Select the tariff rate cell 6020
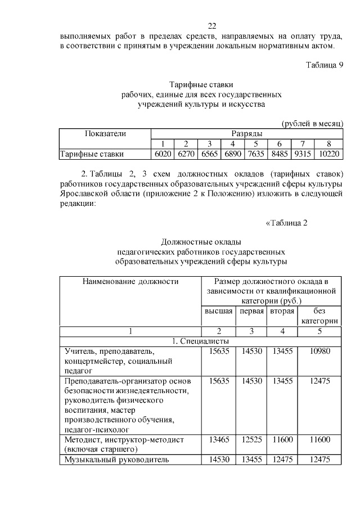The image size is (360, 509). pos(163,154)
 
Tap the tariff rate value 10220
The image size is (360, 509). pos(330,154)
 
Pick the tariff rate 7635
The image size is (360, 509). pos(255,154)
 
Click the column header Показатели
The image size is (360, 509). pos(105,134)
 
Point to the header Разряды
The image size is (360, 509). pos(246,134)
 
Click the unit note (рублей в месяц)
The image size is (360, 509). pos(312,124)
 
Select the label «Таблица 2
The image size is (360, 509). pos(286,223)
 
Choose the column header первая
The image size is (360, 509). pos(251,311)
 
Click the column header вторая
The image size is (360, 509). pos(282,311)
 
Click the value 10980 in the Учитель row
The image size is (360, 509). pos(319,352)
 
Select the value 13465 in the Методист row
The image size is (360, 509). pos(217,439)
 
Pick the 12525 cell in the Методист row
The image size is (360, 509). pos(251,439)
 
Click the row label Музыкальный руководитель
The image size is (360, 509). pos(116,460)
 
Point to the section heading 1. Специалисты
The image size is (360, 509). pos(201,341)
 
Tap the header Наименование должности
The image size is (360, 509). pos(130,281)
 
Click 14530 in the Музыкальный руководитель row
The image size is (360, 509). pos(217,460)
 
